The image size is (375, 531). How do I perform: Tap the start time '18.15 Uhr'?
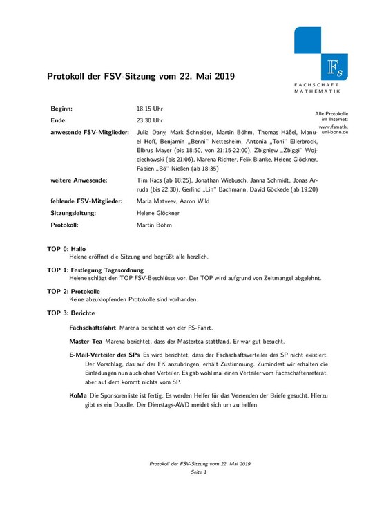coord(150,109)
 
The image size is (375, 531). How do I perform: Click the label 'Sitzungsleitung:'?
coord(73,213)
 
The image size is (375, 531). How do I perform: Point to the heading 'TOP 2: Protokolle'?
coord(75,291)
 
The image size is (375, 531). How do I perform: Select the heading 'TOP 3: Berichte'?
coord(73,313)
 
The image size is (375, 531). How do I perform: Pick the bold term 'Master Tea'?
coord(86,341)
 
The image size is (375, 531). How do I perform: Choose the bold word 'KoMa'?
coord(78,395)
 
